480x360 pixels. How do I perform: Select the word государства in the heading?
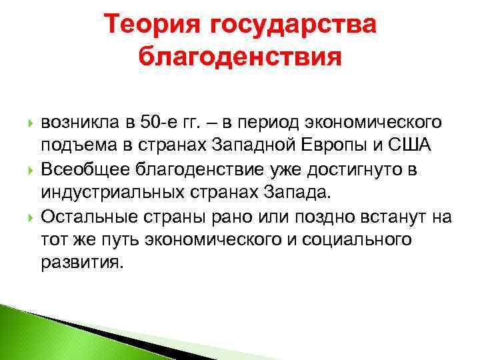click(293, 26)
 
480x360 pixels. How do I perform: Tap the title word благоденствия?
click(241, 58)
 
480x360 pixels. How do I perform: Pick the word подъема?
click(73, 146)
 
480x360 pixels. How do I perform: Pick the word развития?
click(82, 262)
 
